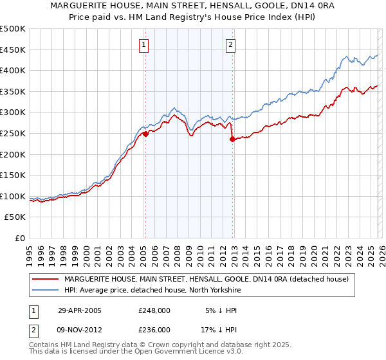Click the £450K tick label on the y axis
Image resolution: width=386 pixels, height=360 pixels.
point(13,50)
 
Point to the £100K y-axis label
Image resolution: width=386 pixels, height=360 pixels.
point(13,196)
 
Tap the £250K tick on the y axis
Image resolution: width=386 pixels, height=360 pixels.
point(13,133)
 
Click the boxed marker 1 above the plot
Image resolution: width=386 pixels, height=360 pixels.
point(143,45)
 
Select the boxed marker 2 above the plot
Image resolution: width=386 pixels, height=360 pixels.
point(230,45)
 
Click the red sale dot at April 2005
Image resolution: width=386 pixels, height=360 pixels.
point(146,134)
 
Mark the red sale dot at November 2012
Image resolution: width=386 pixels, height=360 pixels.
point(232,139)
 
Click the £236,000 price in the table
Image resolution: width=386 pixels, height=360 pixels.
point(154,329)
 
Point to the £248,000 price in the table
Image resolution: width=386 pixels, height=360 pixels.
point(154,310)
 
